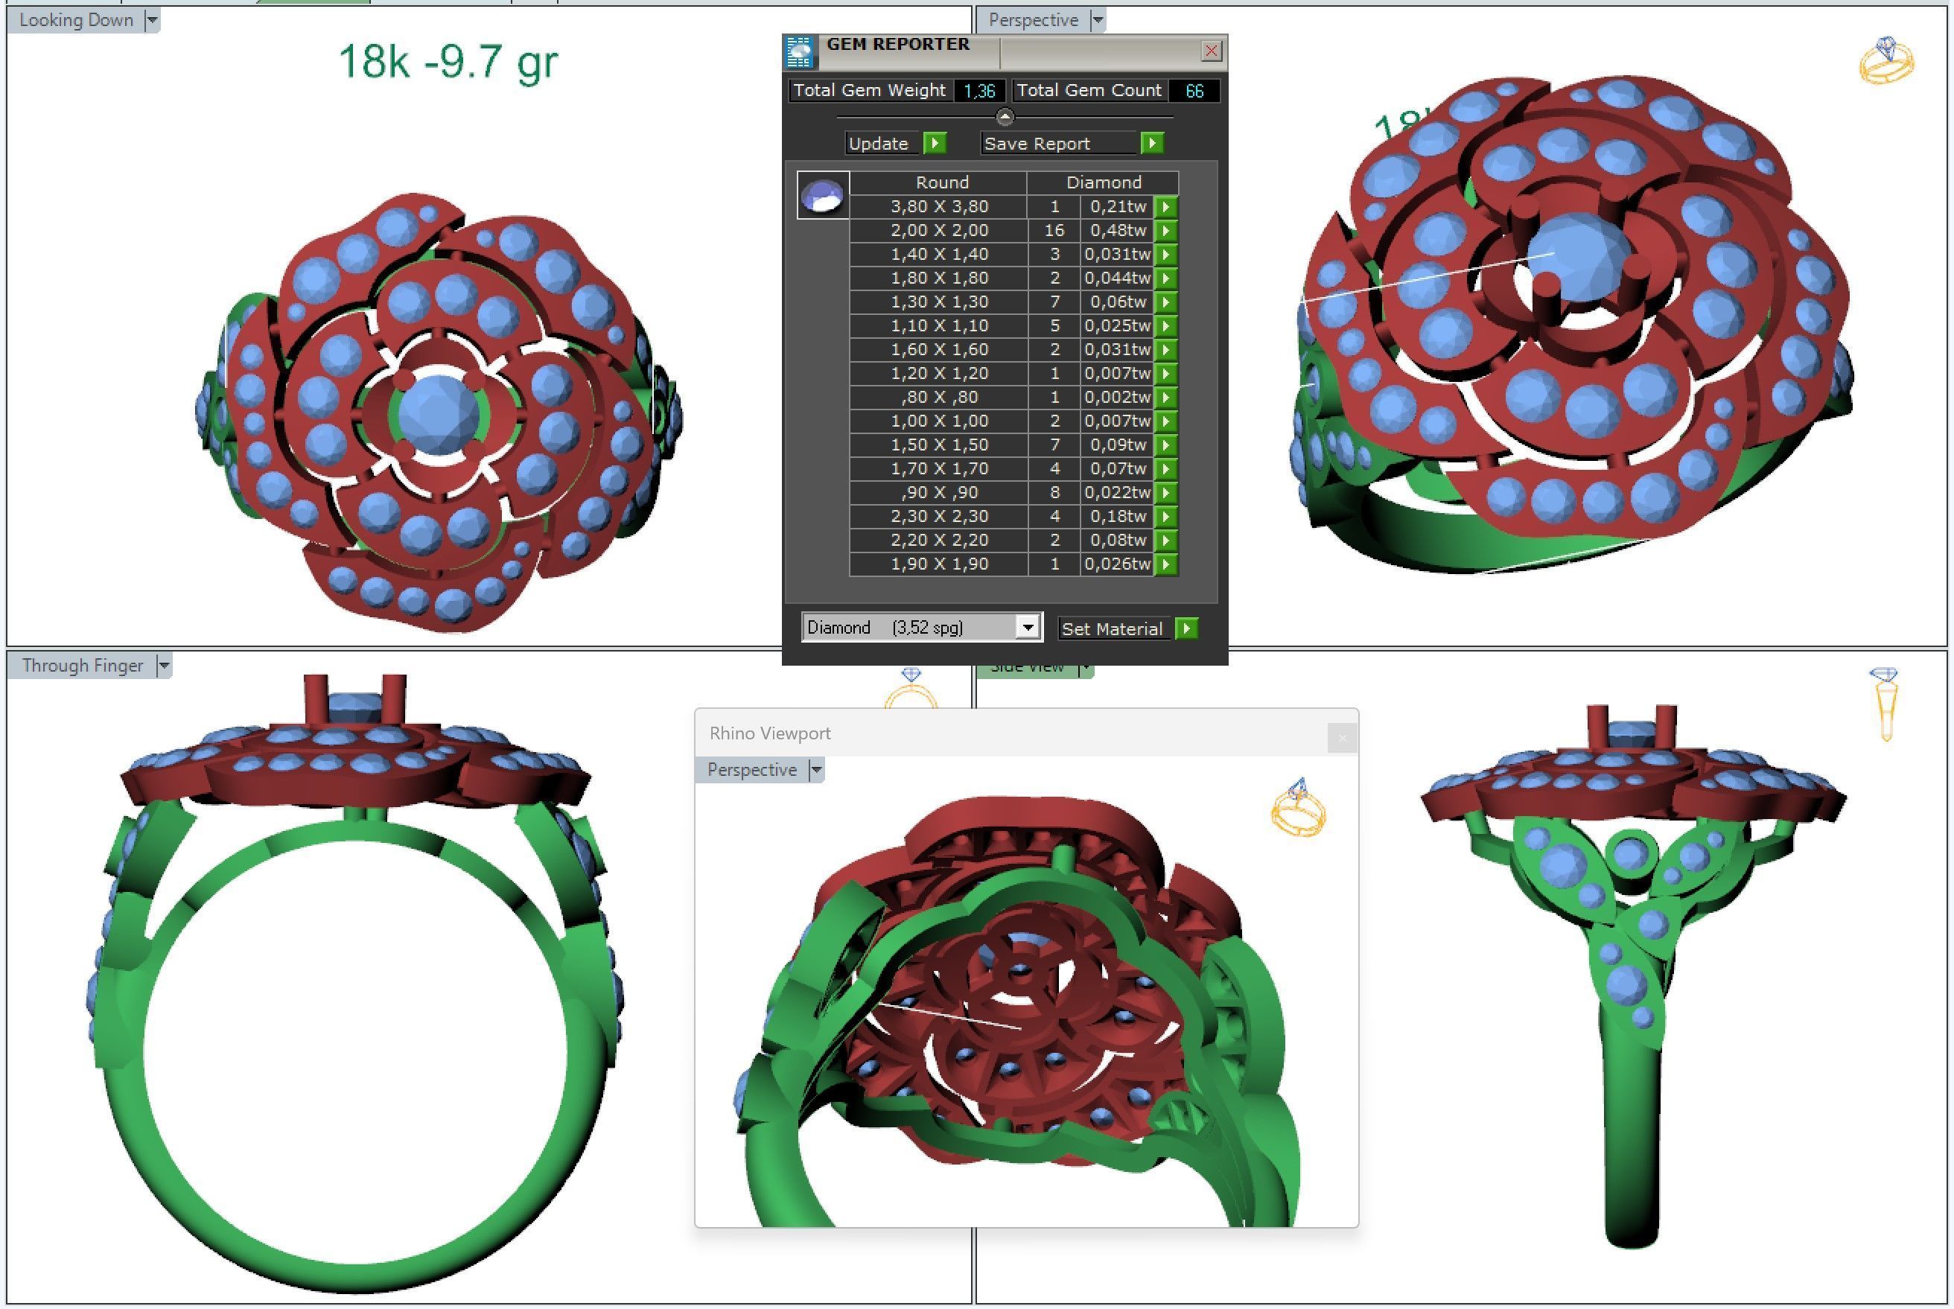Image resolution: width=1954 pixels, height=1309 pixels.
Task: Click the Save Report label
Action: click(1037, 144)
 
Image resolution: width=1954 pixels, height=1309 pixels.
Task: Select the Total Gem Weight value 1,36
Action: click(979, 91)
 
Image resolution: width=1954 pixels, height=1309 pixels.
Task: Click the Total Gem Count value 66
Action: click(1194, 91)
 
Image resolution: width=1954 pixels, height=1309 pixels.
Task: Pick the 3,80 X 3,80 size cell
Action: click(939, 206)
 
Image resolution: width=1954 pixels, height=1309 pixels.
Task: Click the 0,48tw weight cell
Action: click(1117, 230)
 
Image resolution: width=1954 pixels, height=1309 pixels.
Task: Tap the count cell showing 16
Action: click(1054, 230)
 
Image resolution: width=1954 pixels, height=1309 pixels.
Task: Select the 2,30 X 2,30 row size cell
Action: click(939, 517)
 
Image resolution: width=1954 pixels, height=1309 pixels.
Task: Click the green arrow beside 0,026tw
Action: click(1166, 564)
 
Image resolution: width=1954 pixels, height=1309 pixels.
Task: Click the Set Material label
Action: click(1111, 628)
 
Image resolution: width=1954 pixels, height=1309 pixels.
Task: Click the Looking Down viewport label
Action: click(76, 20)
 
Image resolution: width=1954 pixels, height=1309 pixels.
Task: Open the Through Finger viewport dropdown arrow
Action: click(165, 666)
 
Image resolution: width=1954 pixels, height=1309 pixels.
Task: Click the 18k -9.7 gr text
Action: click(448, 62)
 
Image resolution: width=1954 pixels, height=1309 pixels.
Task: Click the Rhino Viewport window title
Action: click(769, 733)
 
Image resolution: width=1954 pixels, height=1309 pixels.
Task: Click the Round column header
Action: click(941, 182)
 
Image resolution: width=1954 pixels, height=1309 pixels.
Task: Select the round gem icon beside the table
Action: click(822, 195)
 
